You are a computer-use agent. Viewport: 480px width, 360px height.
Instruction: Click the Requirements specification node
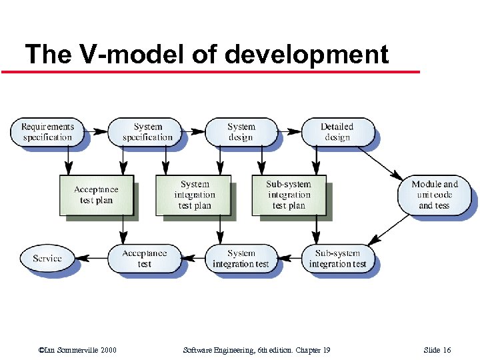point(47,132)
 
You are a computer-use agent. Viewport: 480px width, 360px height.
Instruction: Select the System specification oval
point(147,132)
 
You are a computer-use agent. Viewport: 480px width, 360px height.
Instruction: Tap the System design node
point(241,132)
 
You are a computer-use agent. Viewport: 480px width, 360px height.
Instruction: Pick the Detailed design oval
point(337,132)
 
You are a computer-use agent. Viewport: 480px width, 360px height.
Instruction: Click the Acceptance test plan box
point(96,195)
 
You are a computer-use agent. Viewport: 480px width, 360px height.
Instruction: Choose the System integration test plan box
point(194,195)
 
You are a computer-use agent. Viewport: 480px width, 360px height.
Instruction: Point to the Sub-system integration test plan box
point(289,195)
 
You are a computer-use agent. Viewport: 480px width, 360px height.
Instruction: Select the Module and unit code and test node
point(435,195)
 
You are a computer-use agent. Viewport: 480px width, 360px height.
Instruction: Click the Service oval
point(47,258)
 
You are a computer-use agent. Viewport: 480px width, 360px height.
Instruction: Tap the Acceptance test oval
point(144,259)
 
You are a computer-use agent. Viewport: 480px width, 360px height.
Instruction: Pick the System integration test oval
point(241,259)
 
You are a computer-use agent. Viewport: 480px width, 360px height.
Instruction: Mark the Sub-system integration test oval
point(337,259)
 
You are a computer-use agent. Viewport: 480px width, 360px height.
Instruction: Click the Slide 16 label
point(437,350)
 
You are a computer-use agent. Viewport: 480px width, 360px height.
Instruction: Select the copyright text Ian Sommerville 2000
point(78,350)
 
